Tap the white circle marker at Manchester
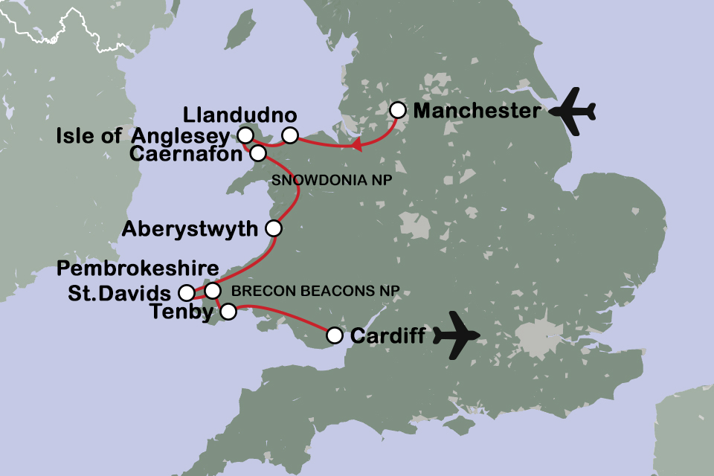coord(399,110)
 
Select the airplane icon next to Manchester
coord(572,112)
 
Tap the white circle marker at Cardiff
coord(335,336)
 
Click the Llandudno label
coord(239,116)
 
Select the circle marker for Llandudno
coord(290,135)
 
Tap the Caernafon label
coord(185,154)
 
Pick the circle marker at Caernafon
coord(257,153)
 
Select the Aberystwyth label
coord(198,228)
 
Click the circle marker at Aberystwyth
coord(274,228)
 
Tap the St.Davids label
coord(120,292)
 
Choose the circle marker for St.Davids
coord(187,292)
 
